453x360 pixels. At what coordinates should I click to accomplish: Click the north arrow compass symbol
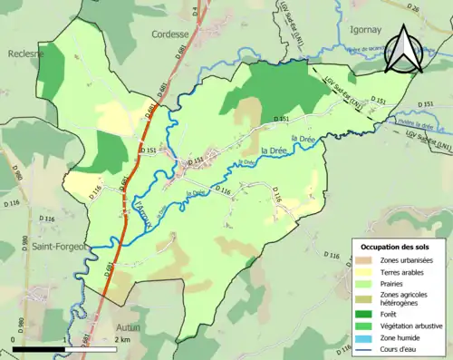pos(403,48)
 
